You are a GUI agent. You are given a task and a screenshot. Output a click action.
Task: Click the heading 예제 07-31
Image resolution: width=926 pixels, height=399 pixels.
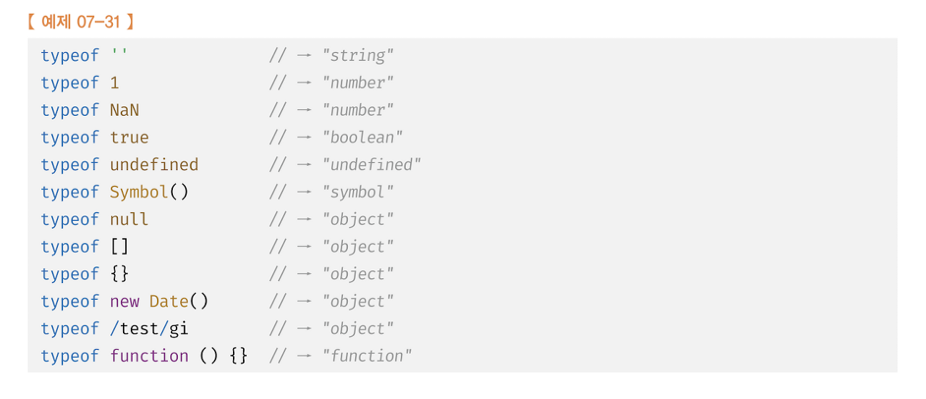[80, 22]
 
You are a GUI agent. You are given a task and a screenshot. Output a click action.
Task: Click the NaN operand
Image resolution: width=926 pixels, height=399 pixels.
[124, 110]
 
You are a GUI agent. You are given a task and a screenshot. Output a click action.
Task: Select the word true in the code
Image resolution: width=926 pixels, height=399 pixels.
[129, 138]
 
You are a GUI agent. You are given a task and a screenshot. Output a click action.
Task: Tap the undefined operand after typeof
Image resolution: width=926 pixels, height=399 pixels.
[154, 165]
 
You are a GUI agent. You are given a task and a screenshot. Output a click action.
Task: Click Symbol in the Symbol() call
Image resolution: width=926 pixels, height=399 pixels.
[139, 192]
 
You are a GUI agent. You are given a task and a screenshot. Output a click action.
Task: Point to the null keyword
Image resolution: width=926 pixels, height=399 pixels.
[129, 219]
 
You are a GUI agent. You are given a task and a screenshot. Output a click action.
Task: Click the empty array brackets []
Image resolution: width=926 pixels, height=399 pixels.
[119, 247]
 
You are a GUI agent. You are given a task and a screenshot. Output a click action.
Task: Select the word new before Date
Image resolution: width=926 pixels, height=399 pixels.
[124, 301]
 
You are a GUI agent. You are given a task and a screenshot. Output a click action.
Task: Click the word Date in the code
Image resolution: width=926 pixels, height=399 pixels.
[169, 301]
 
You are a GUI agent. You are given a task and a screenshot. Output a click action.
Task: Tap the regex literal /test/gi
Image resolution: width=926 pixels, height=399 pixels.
[149, 329]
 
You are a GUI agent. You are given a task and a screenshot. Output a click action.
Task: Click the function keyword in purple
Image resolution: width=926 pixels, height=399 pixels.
[149, 356]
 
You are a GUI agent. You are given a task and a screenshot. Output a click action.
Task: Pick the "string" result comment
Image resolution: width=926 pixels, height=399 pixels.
[358, 56]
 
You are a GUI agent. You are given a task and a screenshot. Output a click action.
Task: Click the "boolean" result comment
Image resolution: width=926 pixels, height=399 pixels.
[362, 138]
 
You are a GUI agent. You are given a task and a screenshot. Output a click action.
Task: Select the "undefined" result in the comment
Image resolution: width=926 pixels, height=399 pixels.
[372, 165]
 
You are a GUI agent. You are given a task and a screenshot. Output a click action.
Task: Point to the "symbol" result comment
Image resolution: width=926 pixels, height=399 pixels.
[358, 192]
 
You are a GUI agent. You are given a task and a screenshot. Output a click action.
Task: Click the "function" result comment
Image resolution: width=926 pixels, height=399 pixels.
[368, 356]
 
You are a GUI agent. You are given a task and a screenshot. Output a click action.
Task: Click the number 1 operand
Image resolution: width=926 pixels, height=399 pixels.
[114, 83]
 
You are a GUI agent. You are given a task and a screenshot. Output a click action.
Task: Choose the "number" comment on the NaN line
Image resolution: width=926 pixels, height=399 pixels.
[358, 110]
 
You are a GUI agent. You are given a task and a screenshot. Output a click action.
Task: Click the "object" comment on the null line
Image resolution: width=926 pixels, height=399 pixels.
[358, 219]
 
